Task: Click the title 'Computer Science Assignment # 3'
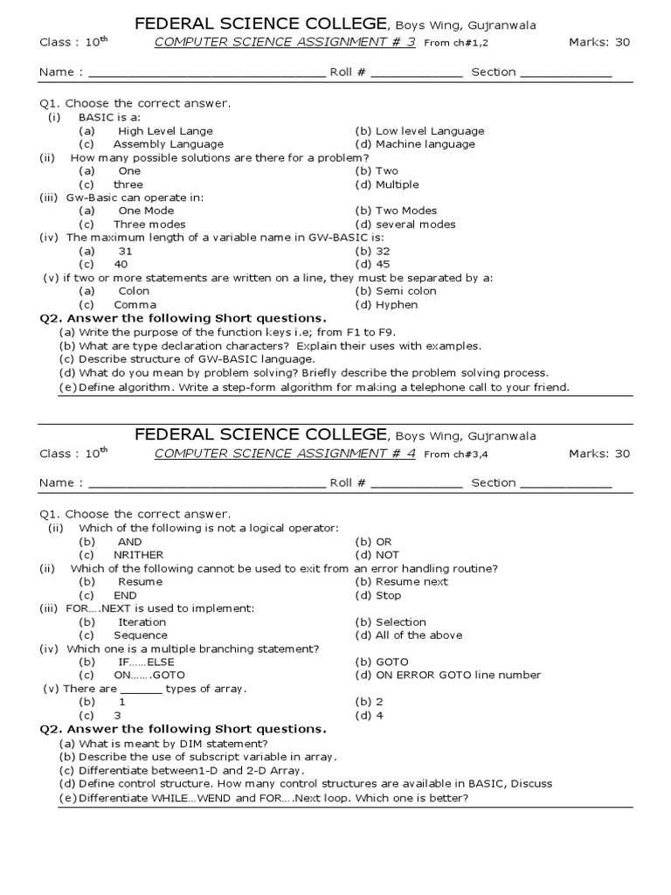pos(286,43)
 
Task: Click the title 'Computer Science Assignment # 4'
pos(286,454)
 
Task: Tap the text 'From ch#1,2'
pos(454,44)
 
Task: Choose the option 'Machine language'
pos(425,144)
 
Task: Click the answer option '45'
pos(384,264)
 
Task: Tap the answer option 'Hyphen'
pos(397,305)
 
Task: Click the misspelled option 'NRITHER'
pos(138,555)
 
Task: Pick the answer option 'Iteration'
pos(142,622)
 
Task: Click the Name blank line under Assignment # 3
pos(206,73)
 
